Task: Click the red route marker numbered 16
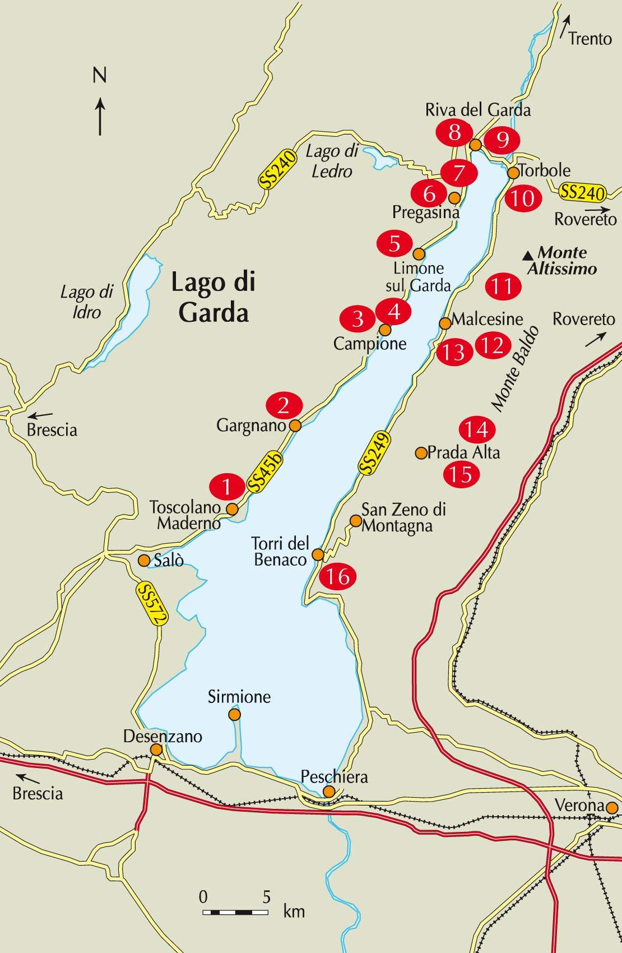pyautogui.click(x=338, y=576)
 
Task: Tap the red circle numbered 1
pyautogui.click(x=227, y=486)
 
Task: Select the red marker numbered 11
pyautogui.click(x=503, y=286)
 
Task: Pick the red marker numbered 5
pyautogui.click(x=394, y=244)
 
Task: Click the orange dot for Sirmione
pyautogui.click(x=234, y=714)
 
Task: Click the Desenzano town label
pyautogui.click(x=163, y=736)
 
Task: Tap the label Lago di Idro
pyautogui.click(x=87, y=301)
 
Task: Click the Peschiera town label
pyautogui.click(x=334, y=776)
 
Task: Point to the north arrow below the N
pyautogui.click(x=100, y=117)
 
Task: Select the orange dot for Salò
pyautogui.click(x=144, y=560)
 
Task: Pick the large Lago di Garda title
pyautogui.click(x=213, y=297)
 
